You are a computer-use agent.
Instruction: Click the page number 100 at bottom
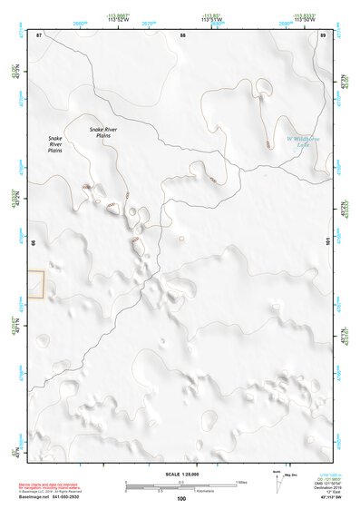click(181, 499)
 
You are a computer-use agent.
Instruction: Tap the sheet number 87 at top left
click(38, 34)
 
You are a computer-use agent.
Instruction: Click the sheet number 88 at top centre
click(182, 34)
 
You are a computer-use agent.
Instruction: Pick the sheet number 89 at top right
click(324, 34)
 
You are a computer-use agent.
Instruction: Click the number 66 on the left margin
click(34, 243)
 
